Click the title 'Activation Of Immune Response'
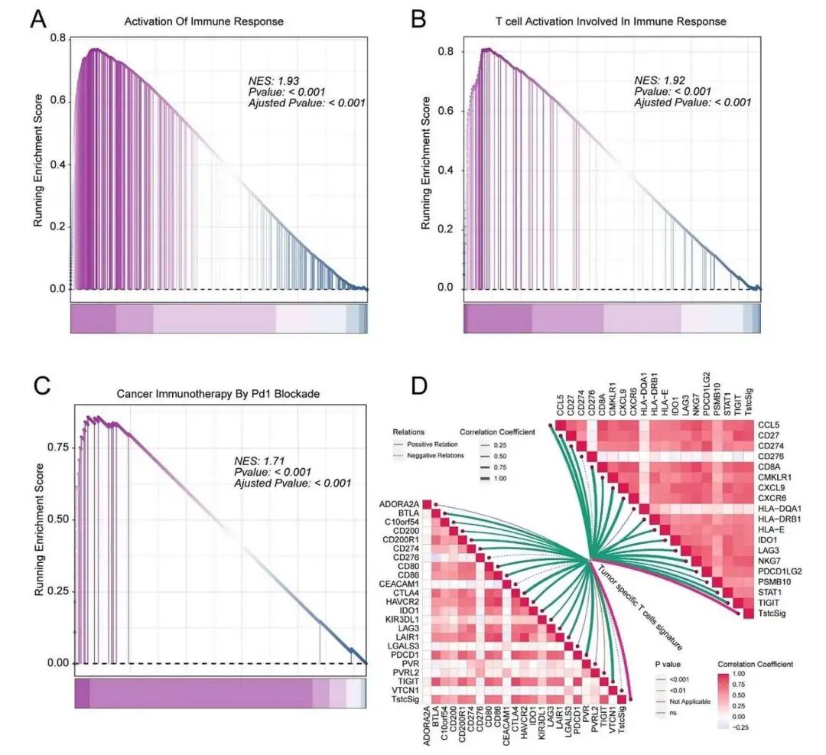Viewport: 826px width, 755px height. point(204,21)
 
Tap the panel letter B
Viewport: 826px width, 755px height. point(419,19)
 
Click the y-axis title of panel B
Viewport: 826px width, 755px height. point(425,163)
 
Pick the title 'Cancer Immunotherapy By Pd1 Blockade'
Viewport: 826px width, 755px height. point(217,393)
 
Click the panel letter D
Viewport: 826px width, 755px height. point(419,385)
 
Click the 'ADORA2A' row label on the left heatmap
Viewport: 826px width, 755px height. point(398,503)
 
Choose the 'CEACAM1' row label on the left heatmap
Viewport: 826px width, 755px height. point(399,584)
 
